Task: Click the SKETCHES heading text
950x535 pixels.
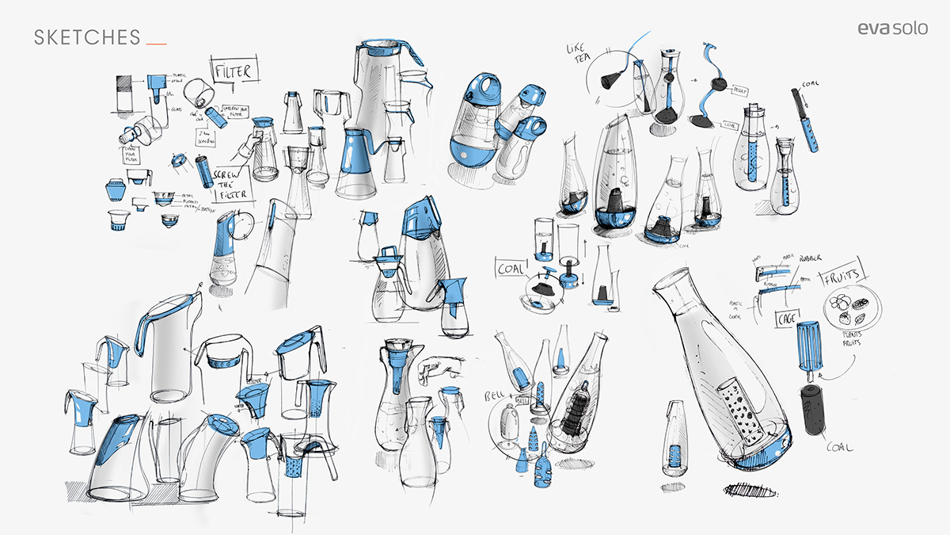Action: [87, 37]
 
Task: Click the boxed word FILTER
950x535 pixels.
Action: [234, 71]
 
